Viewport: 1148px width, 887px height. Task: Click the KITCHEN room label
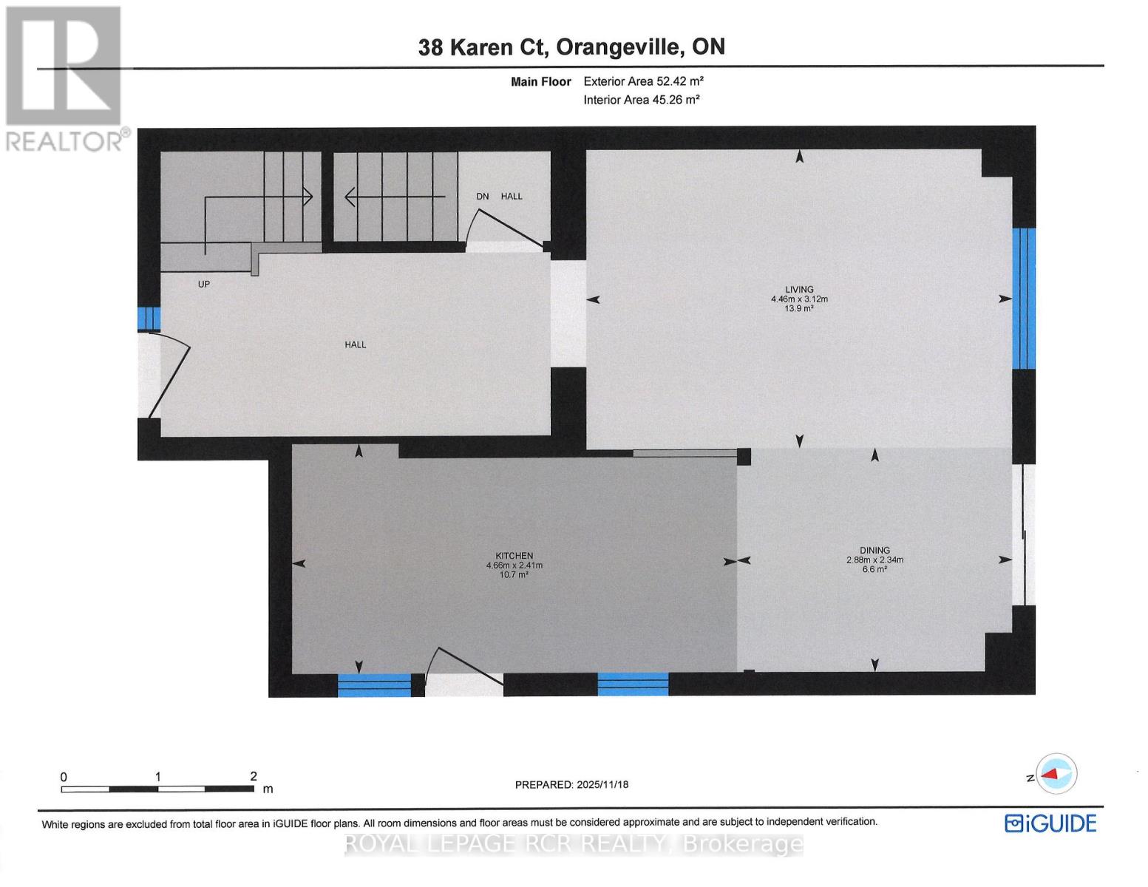coord(514,556)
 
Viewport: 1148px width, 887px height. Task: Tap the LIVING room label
coord(799,290)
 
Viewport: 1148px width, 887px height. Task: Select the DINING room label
coord(874,551)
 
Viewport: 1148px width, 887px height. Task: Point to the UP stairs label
coord(204,284)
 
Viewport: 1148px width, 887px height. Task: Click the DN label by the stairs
coord(483,197)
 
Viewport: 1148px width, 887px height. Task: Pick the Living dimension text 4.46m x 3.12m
coord(799,299)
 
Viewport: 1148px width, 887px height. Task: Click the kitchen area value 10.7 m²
coord(514,574)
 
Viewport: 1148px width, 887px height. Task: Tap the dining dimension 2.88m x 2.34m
coord(874,560)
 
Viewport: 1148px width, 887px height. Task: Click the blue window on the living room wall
coord(1024,298)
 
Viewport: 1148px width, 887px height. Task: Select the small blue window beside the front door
coord(149,318)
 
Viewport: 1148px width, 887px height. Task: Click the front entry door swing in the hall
coord(168,373)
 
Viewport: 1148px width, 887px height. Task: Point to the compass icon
coord(1056,775)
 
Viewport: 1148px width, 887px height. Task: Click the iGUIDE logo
coord(1050,823)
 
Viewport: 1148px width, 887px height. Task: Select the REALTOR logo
coord(64,78)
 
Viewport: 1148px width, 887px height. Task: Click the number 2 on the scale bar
coord(254,776)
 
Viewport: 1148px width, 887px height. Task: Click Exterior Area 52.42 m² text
coord(643,81)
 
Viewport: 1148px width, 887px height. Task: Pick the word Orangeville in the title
coord(619,47)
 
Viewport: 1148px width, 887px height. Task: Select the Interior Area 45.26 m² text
coord(641,100)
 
